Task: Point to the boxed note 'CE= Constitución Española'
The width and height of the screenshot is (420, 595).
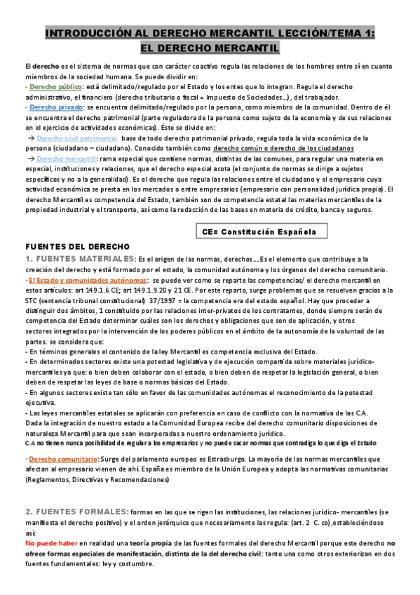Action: coord(259,231)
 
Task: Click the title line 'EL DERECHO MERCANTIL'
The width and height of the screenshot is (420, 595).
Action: coord(210,48)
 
